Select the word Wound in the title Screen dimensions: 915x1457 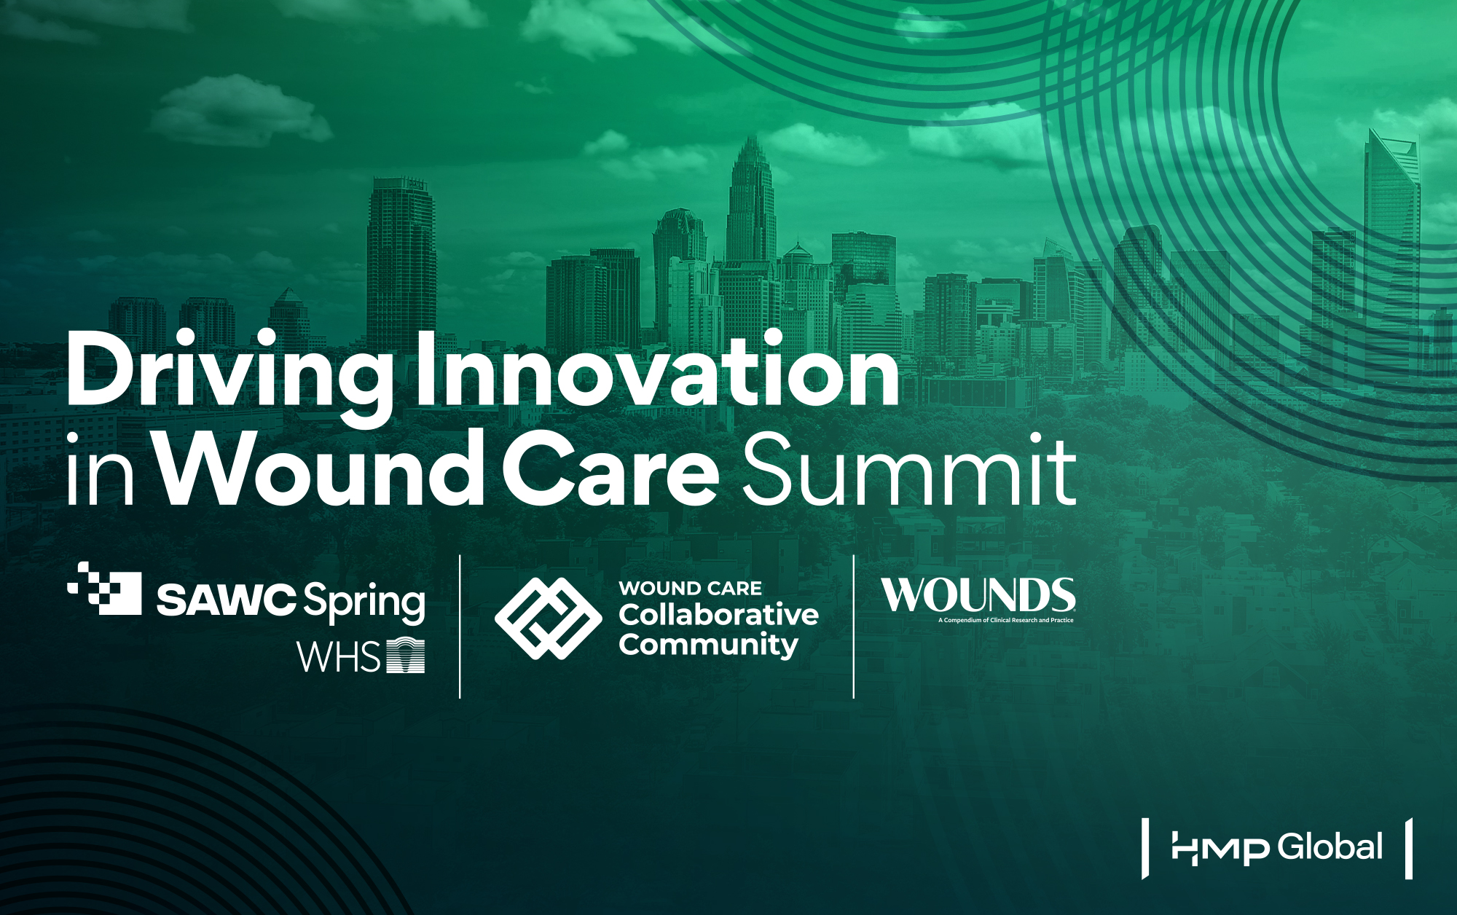coord(321,470)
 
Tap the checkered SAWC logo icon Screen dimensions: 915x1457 coord(106,588)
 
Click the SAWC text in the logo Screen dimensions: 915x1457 coord(226,600)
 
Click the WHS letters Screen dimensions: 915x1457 coord(339,657)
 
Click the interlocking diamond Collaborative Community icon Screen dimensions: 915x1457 coord(548,618)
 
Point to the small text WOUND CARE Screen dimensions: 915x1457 coord(690,588)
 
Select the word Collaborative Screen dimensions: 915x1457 coord(718,615)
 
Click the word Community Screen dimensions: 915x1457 coord(708,645)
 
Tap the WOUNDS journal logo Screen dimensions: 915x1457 coord(978,595)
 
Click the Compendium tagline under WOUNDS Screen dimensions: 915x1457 coord(1005,621)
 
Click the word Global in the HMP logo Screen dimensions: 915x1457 coord(1330,847)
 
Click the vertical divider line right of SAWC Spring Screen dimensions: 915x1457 coord(460,627)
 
